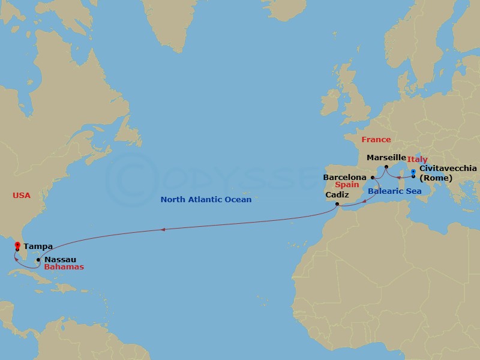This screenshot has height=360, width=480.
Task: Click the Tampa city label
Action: pos(38,246)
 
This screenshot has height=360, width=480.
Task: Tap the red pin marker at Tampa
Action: pos(17,245)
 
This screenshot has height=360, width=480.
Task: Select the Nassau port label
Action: pos(59,259)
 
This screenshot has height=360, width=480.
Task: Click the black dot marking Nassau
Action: pos(38,260)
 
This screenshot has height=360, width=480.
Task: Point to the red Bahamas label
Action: pos(64,267)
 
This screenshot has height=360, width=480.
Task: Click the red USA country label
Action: pos(21,196)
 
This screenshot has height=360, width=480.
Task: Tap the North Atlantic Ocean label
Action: pos(206,199)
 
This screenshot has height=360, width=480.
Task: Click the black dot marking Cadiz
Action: pos(338,205)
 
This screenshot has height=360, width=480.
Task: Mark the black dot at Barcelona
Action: pos(373,178)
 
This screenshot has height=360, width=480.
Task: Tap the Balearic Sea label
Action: pos(394,191)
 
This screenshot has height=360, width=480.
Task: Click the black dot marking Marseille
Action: pos(386,167)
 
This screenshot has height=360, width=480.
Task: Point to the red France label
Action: pos(376,140)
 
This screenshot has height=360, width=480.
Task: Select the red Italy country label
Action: pos(418,160)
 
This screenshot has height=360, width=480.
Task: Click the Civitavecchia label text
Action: pos(448,169)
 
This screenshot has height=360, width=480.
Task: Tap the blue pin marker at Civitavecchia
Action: pos(413,173)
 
